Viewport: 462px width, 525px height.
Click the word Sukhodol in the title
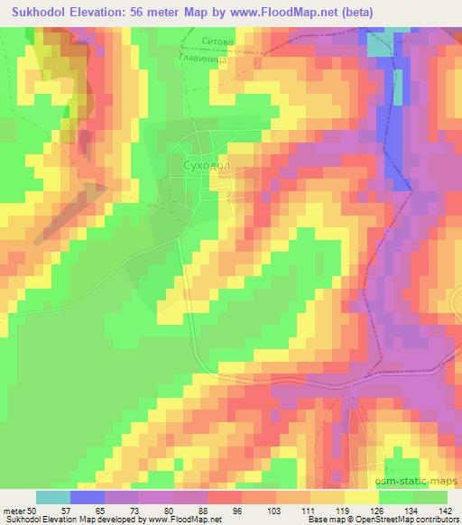pos(44,11)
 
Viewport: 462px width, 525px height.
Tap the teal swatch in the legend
pos(53,497)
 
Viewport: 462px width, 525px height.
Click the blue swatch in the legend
pos(88,497)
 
